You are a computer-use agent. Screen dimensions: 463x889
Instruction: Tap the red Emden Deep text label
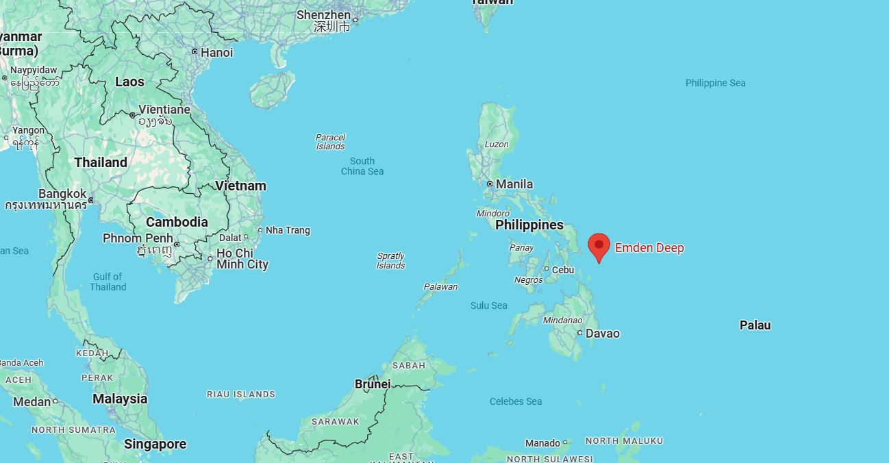coord(649,248)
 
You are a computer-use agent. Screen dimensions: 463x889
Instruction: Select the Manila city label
coord(514,184)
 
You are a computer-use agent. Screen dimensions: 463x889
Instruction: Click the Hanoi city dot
coord(195,52)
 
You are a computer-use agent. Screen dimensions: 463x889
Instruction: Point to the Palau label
coord(755,325)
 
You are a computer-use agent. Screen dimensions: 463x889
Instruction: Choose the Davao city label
coord(603,334)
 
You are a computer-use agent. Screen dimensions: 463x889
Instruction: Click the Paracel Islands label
coord(330,142)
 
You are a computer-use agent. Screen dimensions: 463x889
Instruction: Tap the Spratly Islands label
coord(390,261)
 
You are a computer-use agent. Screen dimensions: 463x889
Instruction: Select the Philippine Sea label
coord(715,83)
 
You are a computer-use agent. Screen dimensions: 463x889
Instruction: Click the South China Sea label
coord(362,166)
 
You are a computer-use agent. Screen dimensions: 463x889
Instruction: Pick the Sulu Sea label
coord(488,305)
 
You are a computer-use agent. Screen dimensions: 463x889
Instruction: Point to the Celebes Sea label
coord(516,401)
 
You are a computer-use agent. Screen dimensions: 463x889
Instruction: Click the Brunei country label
coord(373,384)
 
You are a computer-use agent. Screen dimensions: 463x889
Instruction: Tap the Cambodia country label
coord(177,222)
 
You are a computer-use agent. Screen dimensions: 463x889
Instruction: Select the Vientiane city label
coord(164,110)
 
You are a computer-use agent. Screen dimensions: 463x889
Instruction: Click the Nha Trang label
coord(288,230)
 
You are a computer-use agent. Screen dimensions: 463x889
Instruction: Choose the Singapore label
coord(155,445)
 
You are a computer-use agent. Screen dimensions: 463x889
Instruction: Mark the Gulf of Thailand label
coord(108,281)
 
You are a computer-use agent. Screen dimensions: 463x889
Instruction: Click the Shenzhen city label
coord(324,15)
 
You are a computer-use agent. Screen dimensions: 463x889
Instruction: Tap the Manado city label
coord(542,443)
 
